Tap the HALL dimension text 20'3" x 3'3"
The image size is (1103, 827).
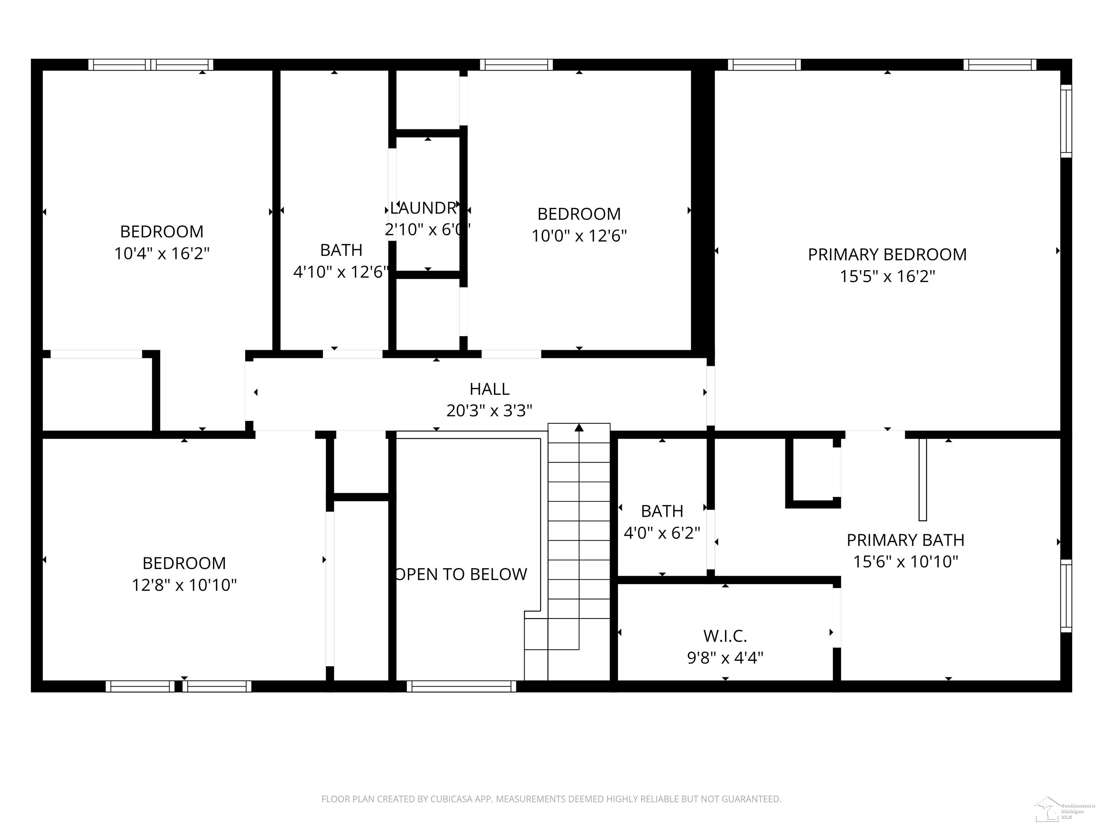tap(489, 411)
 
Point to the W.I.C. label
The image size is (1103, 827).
tap(725, 636)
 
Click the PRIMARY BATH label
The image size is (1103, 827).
tap(905, 540)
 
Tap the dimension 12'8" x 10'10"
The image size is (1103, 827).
tap(184, 585)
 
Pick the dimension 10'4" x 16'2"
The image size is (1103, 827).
tap(162, 254)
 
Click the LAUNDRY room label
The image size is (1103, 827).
tap(424, 208)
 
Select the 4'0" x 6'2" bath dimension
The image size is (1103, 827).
tap(662, 533)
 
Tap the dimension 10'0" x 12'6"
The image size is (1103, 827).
tap(578, 236)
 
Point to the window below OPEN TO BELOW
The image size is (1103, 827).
tap(461, 686)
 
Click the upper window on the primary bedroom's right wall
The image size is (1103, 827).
tap(1066, 121)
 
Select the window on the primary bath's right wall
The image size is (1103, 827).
tap(1066, 596)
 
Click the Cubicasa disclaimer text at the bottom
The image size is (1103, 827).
tap(551, 799)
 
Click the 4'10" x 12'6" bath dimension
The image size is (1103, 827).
tap(341, 272)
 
